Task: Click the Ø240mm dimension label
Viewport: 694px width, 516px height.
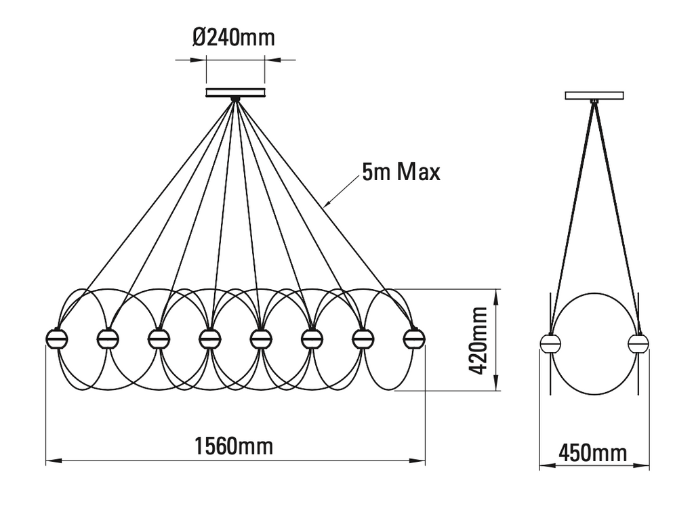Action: [234, 37]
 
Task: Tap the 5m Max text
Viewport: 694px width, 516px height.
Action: [401, 172]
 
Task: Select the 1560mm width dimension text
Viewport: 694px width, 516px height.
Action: [234, 446]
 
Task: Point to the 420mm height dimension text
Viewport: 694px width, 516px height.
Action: [478, 341]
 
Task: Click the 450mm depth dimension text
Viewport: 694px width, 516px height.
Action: [594, 452]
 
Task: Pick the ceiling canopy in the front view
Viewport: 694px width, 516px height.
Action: [235, 91]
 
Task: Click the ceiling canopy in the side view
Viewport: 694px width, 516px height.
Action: [594, 95]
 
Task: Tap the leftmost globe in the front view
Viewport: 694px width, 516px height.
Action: [56, 337]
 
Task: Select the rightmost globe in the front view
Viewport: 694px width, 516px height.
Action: [413, 337]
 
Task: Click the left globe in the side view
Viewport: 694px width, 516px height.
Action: [550, 343]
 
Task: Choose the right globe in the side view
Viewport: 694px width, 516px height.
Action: [638, 343]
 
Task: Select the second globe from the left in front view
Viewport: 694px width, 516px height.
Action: [108, 337]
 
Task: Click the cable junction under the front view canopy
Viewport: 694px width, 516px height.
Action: [235, 100]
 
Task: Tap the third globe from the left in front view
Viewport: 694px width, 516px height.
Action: [159, 337]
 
